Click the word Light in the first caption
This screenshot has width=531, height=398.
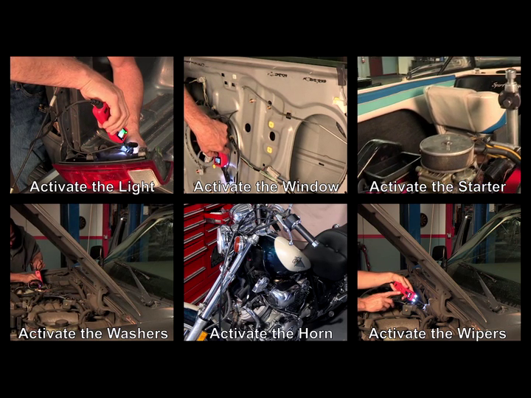[x=136, y=186]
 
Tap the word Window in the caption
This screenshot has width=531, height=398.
[x=310, y=186]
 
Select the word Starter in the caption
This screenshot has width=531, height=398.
[x=482, y=186]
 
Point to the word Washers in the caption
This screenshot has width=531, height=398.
[x=137, y=333]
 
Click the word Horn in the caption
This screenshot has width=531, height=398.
[x=316, y=334]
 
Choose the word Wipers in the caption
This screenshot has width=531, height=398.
[x=482, y=334]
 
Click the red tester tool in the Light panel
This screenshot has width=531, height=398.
[x=109, y=121]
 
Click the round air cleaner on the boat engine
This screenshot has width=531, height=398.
[x=446, y=151]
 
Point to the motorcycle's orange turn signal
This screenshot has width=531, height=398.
[x=237, y=244]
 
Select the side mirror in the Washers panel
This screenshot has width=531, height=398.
[x=97, y=254]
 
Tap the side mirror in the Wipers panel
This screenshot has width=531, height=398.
[x=440, y=254]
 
